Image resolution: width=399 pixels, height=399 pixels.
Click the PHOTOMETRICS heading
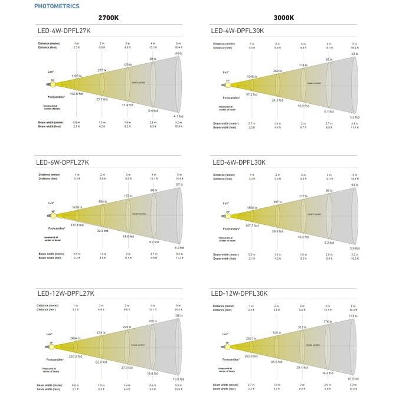[57, 6]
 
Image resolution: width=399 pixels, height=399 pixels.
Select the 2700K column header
[108, 18]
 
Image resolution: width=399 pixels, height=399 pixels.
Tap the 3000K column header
[283, 18]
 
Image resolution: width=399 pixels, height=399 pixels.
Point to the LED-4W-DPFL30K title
[237, 30]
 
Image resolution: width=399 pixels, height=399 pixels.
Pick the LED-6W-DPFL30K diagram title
[237, 162]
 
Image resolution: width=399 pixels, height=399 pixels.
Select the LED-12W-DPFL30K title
[239, 293]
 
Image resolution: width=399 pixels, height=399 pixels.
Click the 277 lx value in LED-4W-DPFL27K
[102, 70]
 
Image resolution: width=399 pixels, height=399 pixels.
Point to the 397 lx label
[277, 202]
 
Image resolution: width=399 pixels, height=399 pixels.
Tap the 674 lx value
[101, 333]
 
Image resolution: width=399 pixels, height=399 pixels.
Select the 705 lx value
[277, 333]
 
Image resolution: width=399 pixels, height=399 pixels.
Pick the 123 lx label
[127, 64]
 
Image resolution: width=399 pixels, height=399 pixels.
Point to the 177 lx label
[303, 196]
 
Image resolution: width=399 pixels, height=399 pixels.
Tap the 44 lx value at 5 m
[178, 54]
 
